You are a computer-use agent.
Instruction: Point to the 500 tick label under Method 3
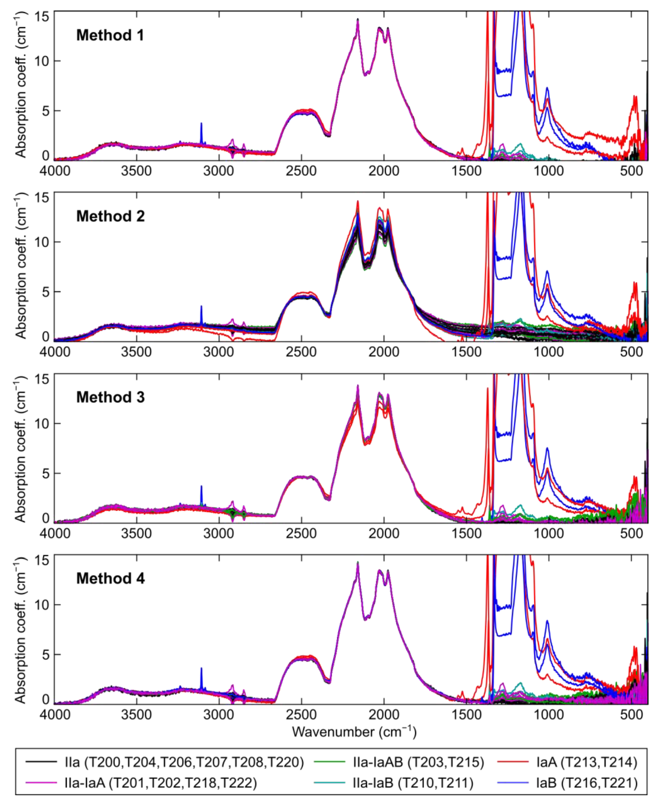631,533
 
